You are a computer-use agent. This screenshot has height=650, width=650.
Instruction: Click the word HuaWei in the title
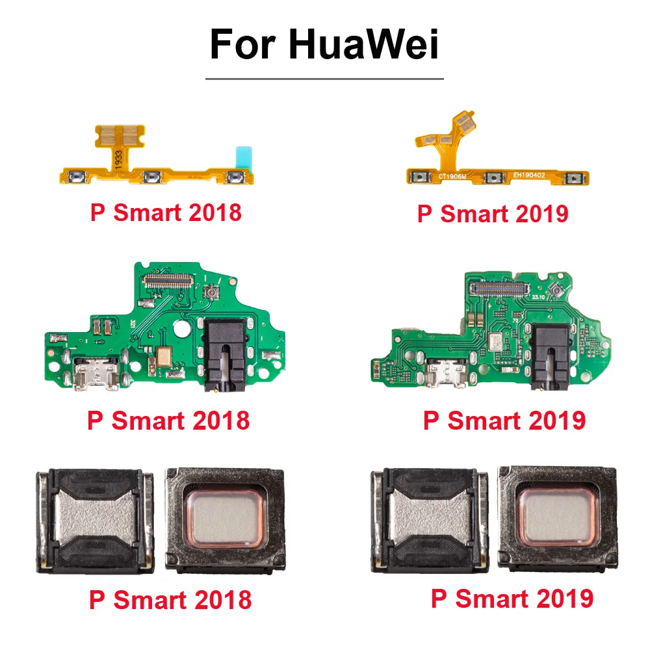point(363,45)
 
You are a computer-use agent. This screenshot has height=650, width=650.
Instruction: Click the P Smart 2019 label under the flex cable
point(492,214)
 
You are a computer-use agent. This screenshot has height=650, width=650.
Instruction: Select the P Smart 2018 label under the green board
point(168,420)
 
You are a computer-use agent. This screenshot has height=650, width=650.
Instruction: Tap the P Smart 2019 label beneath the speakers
point(512,598)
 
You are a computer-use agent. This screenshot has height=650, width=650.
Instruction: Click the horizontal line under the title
point(324,79)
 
